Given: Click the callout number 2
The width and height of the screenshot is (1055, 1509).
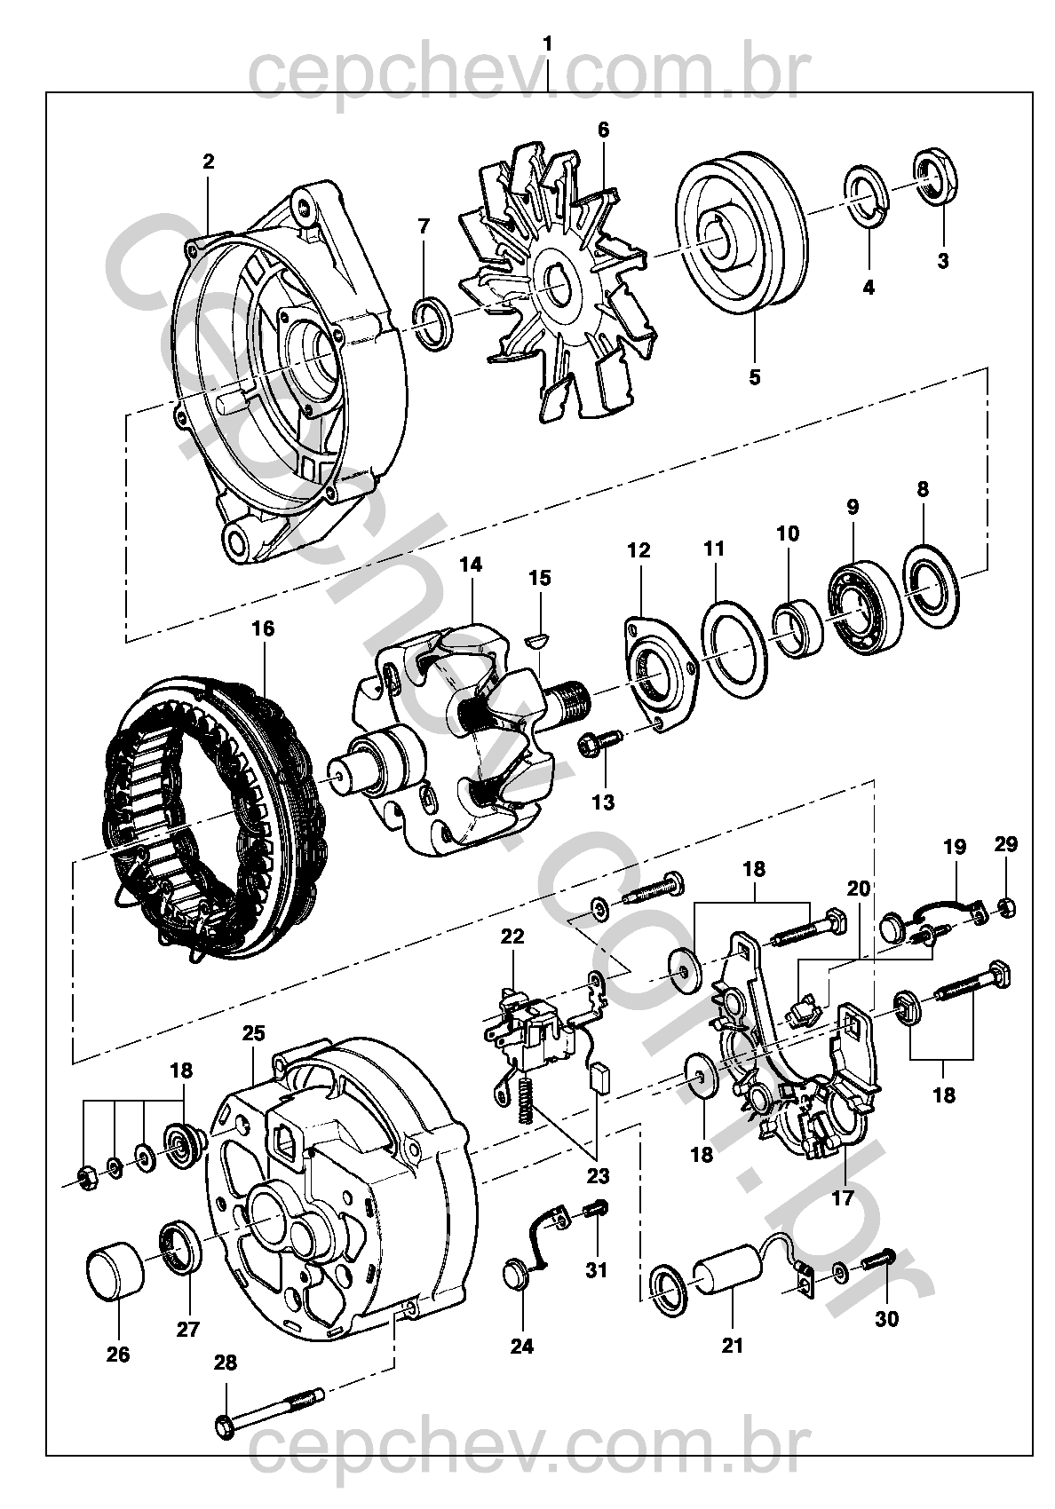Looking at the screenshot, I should pyautogui.click(x=208, y=162).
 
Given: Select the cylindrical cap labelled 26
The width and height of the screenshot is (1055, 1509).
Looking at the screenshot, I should pyautogui.click(x=114, y=1274).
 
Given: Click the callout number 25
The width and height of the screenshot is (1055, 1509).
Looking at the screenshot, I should pyautogui.click(x=253, y=1034).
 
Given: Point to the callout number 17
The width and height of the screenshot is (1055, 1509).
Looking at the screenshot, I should pyautogui.click(x=842, y=1197).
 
